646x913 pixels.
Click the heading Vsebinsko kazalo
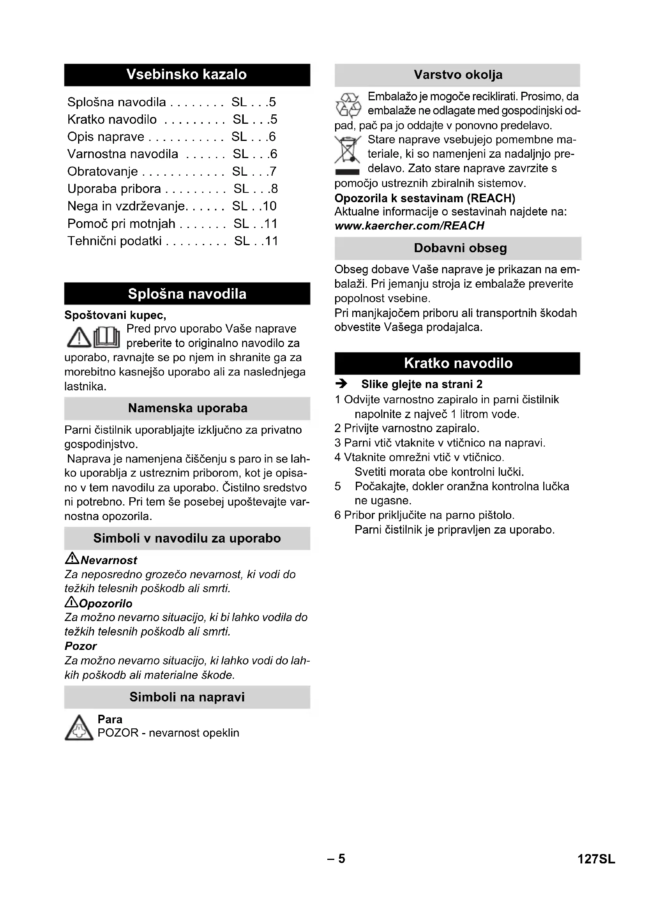187,75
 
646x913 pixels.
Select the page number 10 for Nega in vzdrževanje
269,206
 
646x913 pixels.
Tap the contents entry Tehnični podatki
114,241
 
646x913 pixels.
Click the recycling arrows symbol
348,105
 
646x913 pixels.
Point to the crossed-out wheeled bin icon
348,150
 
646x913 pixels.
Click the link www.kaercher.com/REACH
409,226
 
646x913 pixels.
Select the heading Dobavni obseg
460,248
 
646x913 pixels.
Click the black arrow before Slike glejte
341,384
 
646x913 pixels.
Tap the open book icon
107,337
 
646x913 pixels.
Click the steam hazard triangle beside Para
79,728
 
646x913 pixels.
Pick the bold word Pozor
81,646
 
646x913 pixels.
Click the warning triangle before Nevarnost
72,559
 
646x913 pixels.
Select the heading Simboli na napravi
187,697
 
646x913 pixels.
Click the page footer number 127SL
596,859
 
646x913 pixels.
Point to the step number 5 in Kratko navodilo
338,486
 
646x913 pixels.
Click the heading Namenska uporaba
188,408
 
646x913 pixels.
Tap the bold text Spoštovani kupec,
115,315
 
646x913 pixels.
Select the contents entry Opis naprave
106,137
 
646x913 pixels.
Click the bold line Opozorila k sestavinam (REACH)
425,198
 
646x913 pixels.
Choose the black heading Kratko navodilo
458,363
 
